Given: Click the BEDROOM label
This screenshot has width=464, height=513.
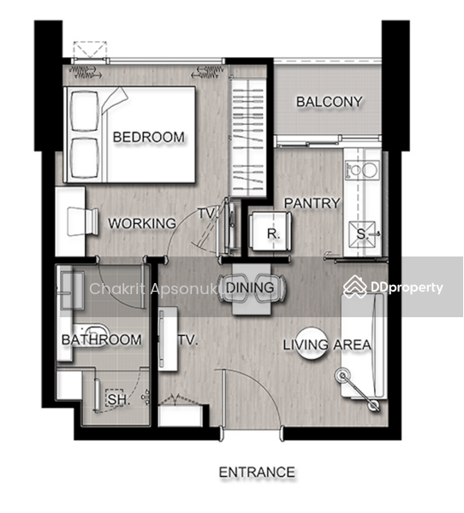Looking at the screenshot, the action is tap(148, 137).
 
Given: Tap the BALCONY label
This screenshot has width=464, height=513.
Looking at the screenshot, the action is tap(330, 102).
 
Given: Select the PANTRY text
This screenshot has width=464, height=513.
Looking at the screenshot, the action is tap(312, 203).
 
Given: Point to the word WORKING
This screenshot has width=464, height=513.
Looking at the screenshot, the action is tap(142, 223).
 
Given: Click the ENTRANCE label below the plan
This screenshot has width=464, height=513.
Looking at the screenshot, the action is tap(257, 472).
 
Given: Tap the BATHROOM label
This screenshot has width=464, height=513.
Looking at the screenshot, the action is tap(102, 339).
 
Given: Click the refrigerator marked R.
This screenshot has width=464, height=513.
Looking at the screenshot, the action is tap(271, 232).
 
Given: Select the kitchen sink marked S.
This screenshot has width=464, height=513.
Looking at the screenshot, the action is tap(362, 234).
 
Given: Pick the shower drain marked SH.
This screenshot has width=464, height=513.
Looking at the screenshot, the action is tap(115, 398).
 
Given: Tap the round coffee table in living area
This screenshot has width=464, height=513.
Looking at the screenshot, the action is tap(312, 344).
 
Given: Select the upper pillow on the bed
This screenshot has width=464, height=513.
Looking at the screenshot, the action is tap(85, 111).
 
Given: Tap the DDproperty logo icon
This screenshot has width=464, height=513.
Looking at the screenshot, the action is tap(355, 287).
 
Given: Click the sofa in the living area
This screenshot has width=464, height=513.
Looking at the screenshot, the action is tap(363, 345).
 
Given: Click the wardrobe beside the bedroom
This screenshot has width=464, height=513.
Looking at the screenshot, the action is tap(247, 138).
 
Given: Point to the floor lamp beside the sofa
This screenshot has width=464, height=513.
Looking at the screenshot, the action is tap(358, 392).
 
